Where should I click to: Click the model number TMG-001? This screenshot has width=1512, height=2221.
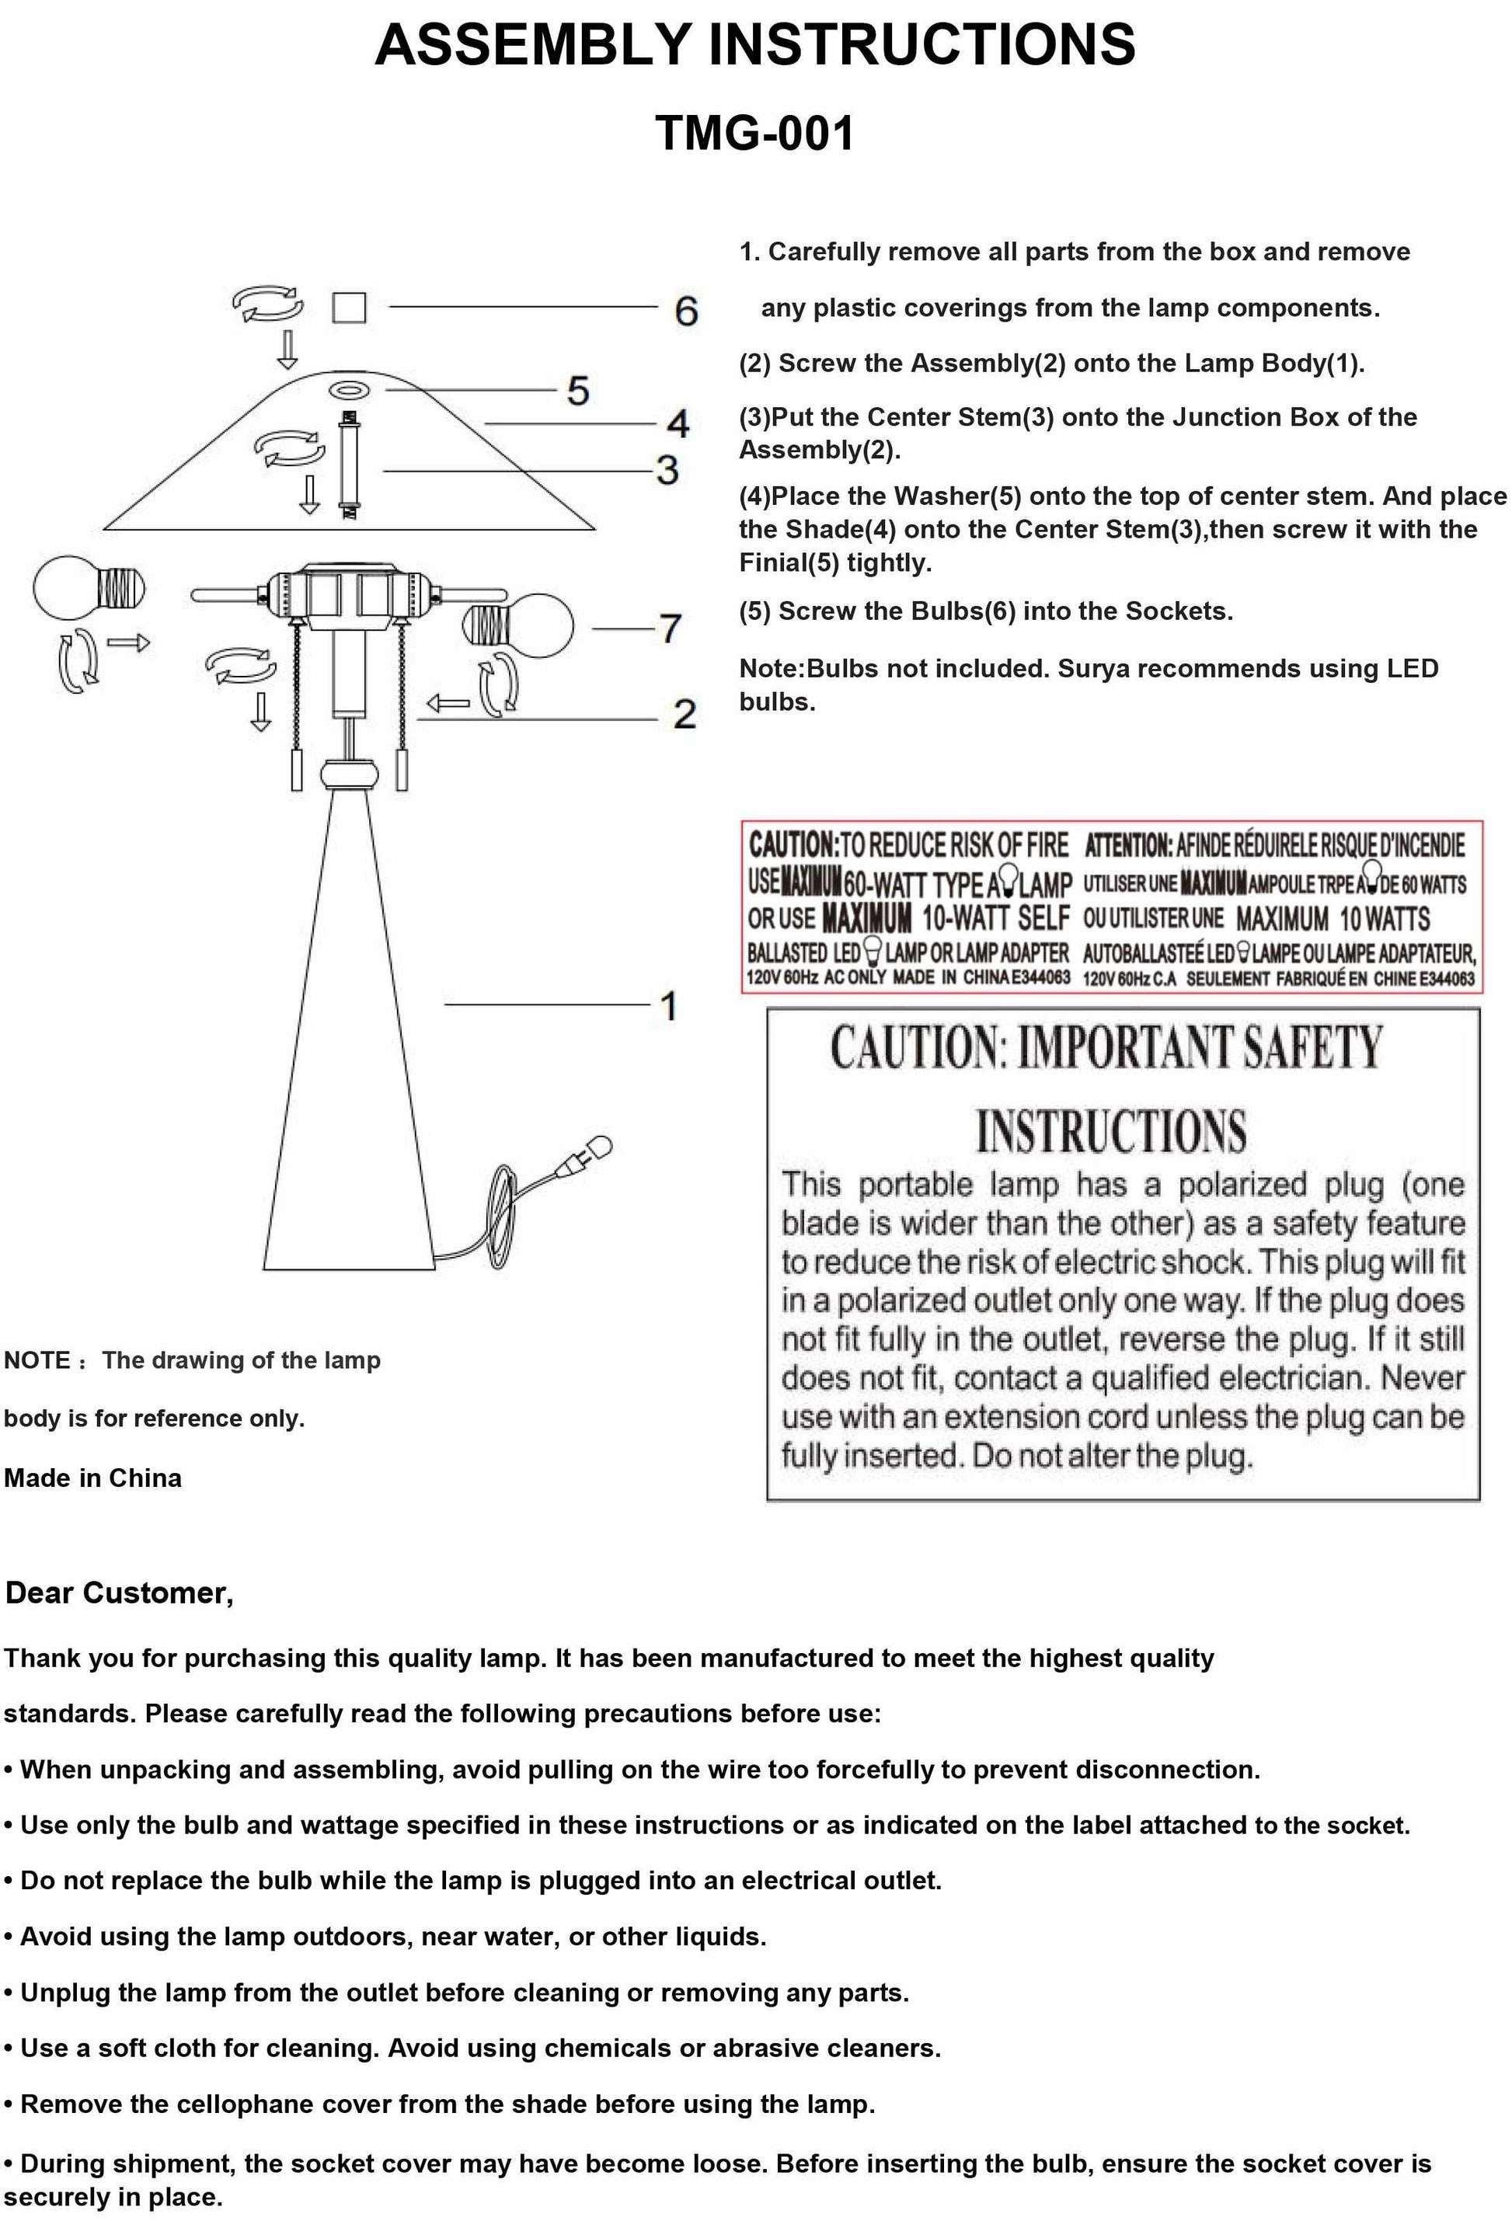tap(754, 133)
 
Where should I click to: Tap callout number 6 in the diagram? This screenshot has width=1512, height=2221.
tap(685, 311)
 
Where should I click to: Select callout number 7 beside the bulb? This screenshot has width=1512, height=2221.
tap(670, 628)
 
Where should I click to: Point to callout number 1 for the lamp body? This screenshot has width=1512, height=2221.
tap(668, 1005)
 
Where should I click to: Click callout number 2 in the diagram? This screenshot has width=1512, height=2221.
tap(684, 714)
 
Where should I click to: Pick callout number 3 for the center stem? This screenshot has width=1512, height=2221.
tap(667, 469)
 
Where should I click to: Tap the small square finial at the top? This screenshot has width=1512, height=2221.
tap(349, 308)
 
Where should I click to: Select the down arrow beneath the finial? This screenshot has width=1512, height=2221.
tap(287, 350)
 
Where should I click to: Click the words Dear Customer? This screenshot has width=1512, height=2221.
tap(120, 1593)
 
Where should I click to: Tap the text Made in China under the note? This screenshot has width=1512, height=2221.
tap(92, 1478)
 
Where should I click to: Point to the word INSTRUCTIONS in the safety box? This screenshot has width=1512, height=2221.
tap(1110, 1132)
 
